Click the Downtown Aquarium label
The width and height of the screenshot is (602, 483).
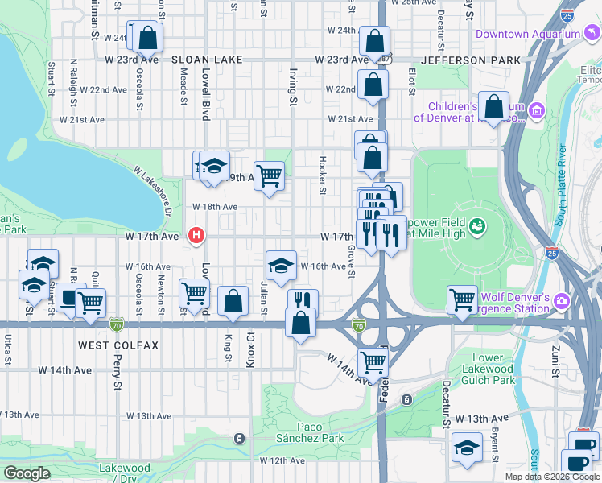pyautogui.click(x=527, y=35)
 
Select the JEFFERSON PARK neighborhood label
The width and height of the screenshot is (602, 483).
pyautogui.click(x=460, y=60)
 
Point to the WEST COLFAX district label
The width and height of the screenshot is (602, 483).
pyautogui.click(x=118, y=345)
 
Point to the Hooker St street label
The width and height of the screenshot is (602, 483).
pyautogui.click(x=322, y=175)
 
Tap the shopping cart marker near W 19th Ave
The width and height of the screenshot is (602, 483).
pyautogui.click(x=270, y=174)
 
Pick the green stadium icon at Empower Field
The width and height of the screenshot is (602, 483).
pyautogui.click(x=478, y=226)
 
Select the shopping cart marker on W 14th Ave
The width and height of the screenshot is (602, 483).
pyautogui.click(x=372, y=362)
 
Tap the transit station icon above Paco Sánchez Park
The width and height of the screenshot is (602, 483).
pyautogui.click(x=239, y=439)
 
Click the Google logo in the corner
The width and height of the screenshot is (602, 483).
pyautogui.click(x=28, y=473)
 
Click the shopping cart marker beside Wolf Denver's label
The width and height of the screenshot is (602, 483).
pyautogui.click(x=462, y=299)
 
